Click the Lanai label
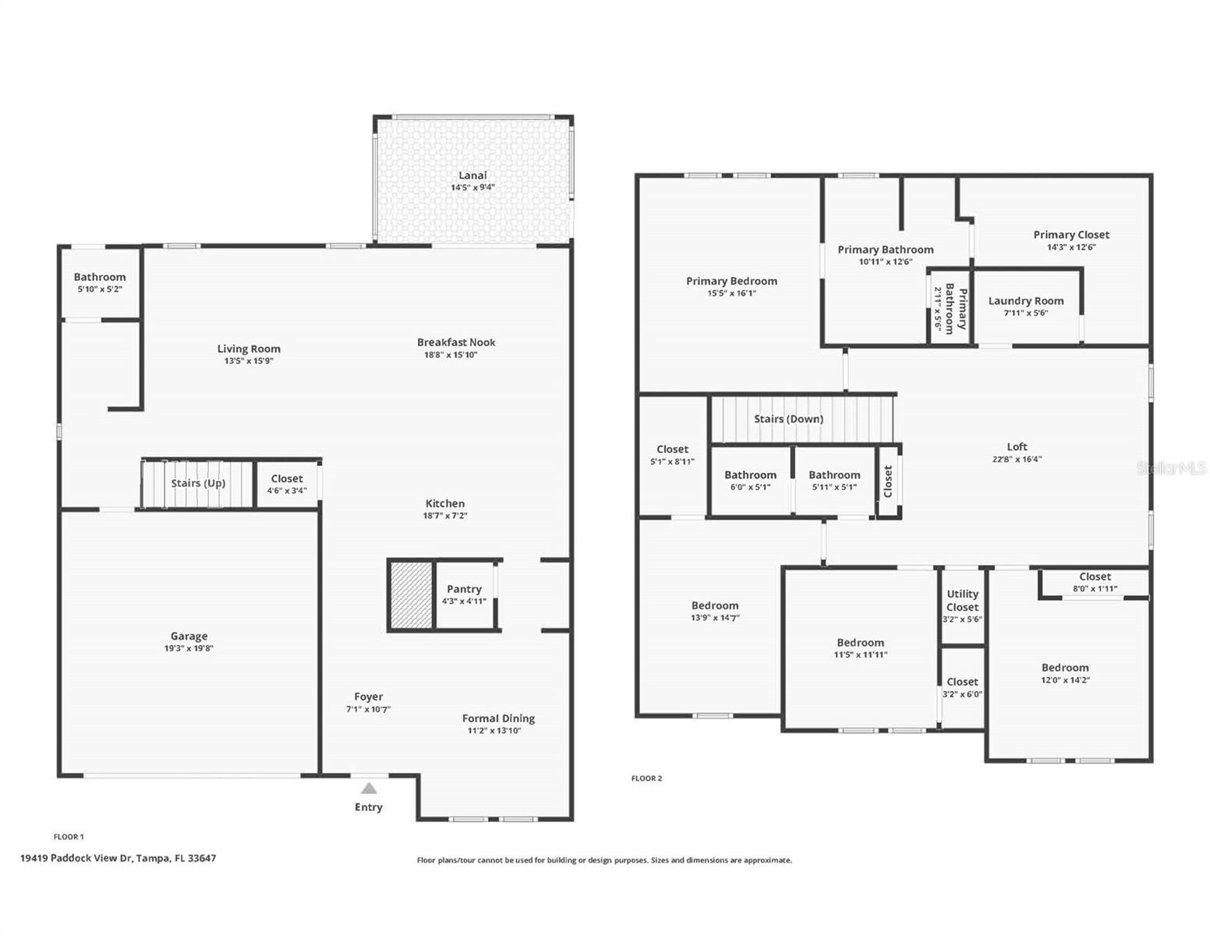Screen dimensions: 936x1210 pos(472,175)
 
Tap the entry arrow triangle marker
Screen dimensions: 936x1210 pos(369,789)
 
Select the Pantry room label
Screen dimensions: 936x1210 pos(464,589)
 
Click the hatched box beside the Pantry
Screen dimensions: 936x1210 pos(411,594)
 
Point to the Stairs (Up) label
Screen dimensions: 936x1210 pos(198,483)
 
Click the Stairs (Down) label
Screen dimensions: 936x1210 pos(788,419)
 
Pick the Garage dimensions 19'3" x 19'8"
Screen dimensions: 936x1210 pos(189,648)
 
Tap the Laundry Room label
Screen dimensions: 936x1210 pos(1025,301)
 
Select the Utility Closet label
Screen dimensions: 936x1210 pos(962,601)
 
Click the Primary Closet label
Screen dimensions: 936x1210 pos(1070,235)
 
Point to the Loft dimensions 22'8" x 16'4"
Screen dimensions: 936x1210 pos(1017,459)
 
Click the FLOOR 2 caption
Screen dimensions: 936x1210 pos(646,778)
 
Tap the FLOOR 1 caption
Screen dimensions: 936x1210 pos(69,837)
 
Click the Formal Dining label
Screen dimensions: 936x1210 pos(498,718)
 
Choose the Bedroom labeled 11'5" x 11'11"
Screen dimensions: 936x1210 pos(860,643)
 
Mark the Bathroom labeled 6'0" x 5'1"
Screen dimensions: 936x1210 pos(750,475)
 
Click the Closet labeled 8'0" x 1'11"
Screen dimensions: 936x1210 pos(1095,577)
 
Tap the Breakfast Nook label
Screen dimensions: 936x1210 pos(456,342)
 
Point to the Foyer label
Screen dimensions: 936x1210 pos(368,697)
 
